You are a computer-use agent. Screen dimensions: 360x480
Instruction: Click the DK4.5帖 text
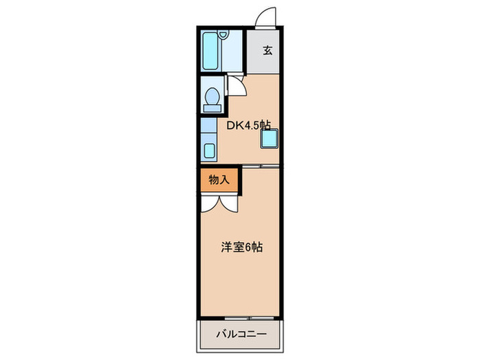(x=248, y=125)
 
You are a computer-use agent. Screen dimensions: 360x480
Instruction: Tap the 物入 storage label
(x=219, y=180)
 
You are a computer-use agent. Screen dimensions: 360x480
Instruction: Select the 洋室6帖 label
(x=240, y=247)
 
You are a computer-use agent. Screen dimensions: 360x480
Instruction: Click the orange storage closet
(x=219, y=180)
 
